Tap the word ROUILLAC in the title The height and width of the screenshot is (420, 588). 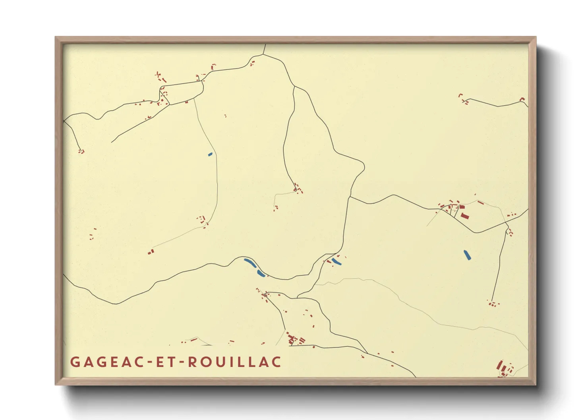click(x=234, y=362)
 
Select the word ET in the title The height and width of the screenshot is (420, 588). click(x=166, y=362)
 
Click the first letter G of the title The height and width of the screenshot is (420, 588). click(x=75, y=362)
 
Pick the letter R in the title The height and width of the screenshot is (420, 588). click(x=192, y=362)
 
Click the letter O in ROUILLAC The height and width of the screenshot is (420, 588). click(x=204, y=362)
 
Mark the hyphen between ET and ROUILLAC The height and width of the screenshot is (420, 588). click(x=183, y=362)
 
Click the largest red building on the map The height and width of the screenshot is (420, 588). click(x=465, y=216)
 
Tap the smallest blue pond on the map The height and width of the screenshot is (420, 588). click(x=210, y=154)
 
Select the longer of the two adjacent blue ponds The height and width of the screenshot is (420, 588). click(x=249, y=262)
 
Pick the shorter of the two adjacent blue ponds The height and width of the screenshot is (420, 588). click(x=261, y=273)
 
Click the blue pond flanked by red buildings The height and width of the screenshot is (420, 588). click(x=336, y=262)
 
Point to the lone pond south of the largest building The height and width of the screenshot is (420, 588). click(x=467, y=254)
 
